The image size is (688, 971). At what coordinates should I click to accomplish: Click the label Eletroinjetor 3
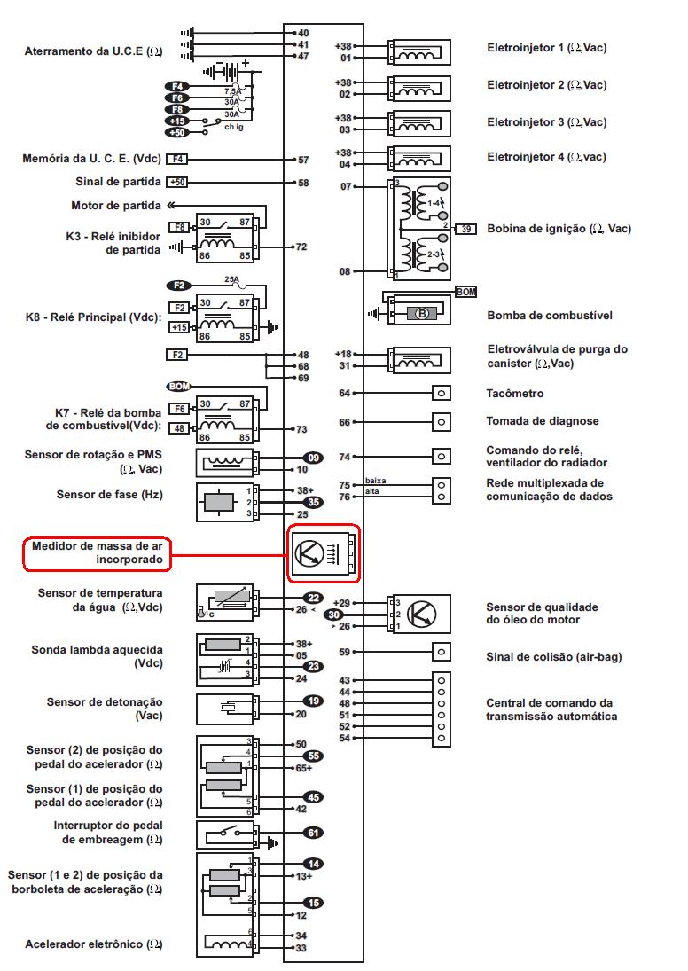(x=547, y=122)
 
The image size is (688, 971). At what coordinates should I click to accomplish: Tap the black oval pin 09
(x=312, y=457)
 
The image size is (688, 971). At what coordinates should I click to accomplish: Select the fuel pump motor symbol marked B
(x=421, y=313)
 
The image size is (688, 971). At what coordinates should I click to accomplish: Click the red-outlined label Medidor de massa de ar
(x=97, y=553)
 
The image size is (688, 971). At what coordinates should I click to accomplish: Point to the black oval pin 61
(x=313, y=833)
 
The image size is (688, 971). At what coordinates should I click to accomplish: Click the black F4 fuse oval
(x=176, y=86)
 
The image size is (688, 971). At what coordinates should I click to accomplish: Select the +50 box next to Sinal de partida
(x=177, y=182)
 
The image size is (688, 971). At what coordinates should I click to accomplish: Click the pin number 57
(x=303, y=161)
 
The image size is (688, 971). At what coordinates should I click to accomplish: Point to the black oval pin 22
(x=313, y=598)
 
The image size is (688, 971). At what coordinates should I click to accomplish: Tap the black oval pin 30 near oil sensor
(x=333, y=614)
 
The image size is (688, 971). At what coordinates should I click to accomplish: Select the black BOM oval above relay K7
(x=178, y=386)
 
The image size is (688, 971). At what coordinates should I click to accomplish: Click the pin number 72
(x=301, y=247)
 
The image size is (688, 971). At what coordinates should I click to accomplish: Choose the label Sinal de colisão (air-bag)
(x=553, y=657)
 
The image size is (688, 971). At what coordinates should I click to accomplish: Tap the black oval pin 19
(x=313, y=701)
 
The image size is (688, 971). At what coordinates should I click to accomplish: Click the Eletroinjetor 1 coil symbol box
(x=419, y=52)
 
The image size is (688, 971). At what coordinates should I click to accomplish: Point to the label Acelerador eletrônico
(x=94, y=944)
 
